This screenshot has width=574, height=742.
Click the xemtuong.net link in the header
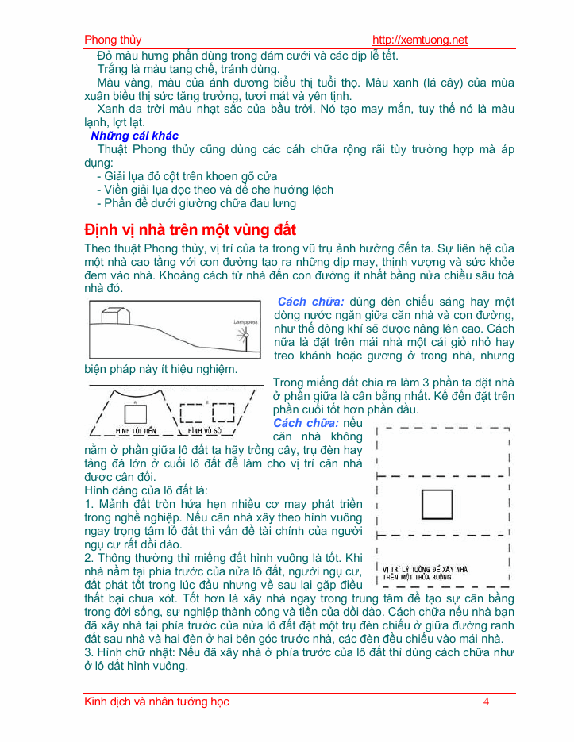420,40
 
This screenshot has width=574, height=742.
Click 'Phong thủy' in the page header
113,40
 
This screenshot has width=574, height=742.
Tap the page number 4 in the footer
486,702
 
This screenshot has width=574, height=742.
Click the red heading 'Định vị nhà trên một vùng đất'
191,230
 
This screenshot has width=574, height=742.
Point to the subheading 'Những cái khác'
134,136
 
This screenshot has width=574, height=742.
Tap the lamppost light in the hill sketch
245,336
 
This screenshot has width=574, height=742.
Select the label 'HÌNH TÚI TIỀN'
134,430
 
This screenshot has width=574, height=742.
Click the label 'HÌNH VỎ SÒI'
206,430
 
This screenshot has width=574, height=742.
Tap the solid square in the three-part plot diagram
436,505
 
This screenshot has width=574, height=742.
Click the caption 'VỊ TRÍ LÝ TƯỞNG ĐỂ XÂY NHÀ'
425,569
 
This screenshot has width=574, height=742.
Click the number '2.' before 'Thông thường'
90,558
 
